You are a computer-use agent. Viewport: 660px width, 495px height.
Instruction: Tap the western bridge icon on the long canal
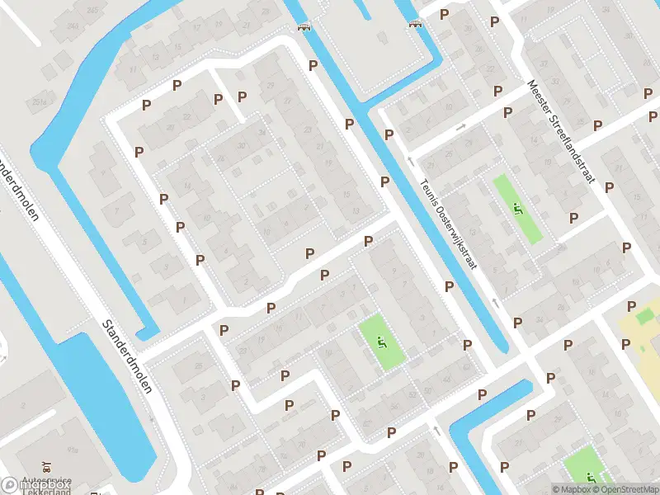coord(305,26)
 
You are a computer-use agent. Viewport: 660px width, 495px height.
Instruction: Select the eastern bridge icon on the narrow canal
coord(415,23)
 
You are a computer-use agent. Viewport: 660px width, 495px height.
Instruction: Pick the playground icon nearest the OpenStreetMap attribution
coord(591,476)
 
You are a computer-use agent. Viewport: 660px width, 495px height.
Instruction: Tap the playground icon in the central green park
coord(381,342)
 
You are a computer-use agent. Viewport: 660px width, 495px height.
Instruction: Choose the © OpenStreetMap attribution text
coord(625,489)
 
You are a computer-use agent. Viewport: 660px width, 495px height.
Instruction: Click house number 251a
coord(39,101)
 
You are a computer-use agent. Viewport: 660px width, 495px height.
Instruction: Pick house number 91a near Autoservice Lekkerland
coord(73,450)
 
